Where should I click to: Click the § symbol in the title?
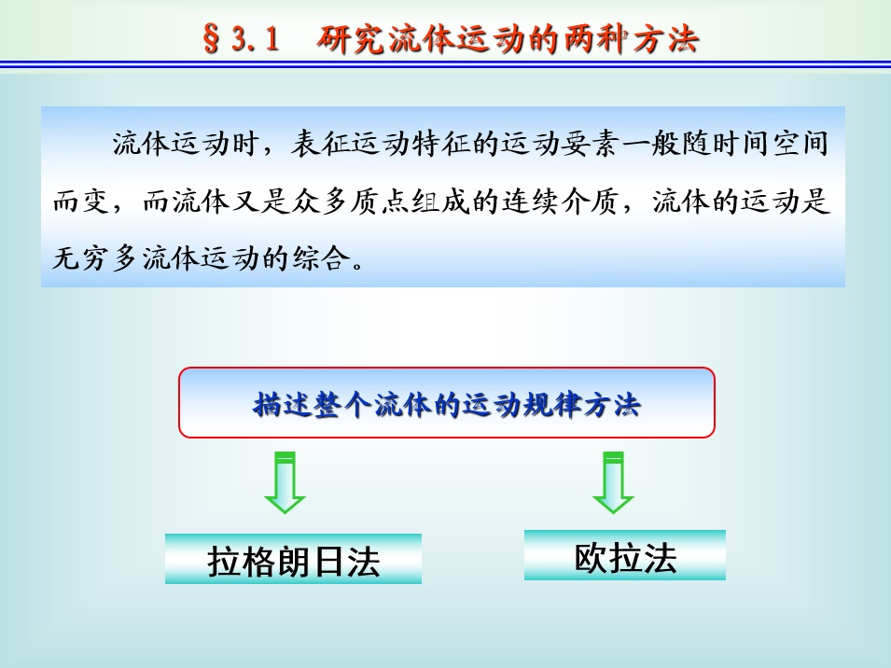tap(212, 39)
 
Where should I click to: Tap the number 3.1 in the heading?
tap(256, 39)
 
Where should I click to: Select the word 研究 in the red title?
tap(351, 39)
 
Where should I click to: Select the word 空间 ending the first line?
tap(800, 143)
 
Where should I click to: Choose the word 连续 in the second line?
tap(530, 202)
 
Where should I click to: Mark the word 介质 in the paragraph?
tap(590, 202)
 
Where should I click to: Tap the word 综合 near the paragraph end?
tap(322, 258)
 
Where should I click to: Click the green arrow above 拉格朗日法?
tap(285, 483)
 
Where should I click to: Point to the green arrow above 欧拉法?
tap(613, 483)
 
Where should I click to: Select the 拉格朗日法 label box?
tap(293, 559)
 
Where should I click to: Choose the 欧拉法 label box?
tap(625, 555)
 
